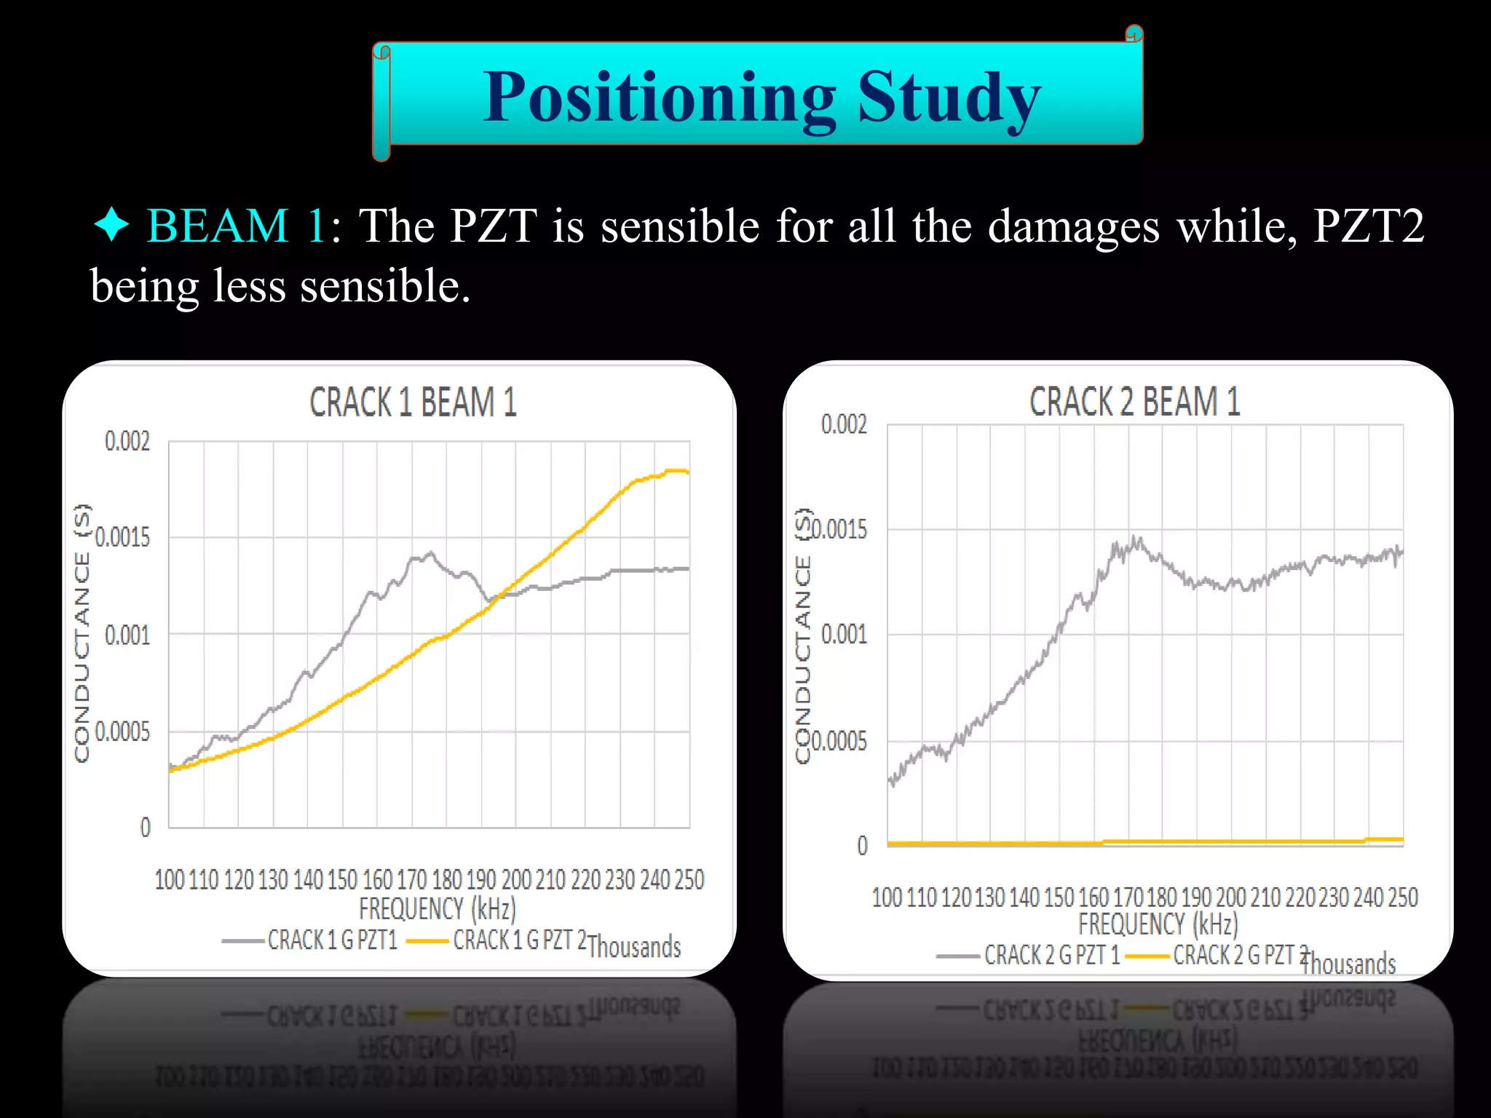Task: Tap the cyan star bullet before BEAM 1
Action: point(111,225)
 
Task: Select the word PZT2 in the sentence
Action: point(1368,226)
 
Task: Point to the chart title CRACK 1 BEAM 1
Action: point(413,403)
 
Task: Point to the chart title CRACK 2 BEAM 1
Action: point(1134,402)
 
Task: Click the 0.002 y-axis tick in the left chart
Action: point(127,441)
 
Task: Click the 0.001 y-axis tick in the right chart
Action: point(844,635)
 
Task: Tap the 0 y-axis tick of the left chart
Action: point(146,828)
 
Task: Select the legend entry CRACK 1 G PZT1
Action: point(332,940)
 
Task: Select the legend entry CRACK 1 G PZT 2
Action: point(520,940)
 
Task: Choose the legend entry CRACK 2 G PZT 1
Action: point(1051,955)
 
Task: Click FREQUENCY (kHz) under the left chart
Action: point(437,909)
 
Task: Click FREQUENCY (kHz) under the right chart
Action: point(1158,924)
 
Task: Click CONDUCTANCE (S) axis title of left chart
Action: point(83,633)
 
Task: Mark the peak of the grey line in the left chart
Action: point(431,553)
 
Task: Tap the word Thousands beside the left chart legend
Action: point(633,947)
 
